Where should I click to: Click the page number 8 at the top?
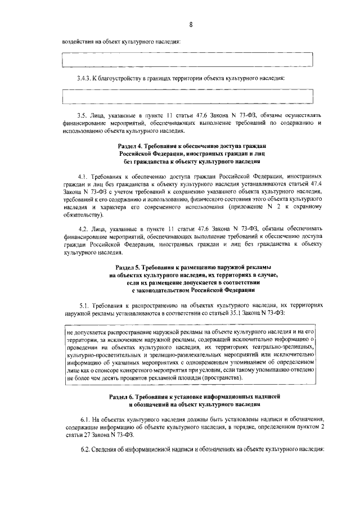click(191, 25)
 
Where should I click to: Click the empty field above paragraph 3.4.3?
click(187, 58)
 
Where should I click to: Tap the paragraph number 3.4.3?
click(87, 78)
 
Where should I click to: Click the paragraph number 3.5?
click(85, 115)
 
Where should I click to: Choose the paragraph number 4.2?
click(85, 228)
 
